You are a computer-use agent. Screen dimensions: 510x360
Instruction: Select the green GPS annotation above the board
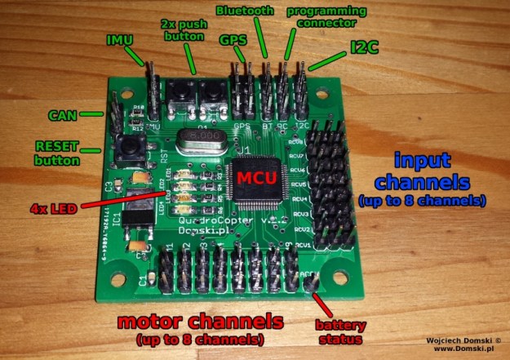tap(232, 38)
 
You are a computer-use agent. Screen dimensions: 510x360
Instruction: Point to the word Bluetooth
tap(246, 11)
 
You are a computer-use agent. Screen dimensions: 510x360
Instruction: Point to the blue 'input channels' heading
tap(421, 171)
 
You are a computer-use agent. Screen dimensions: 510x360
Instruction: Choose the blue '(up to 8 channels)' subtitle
tap(421, 200)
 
